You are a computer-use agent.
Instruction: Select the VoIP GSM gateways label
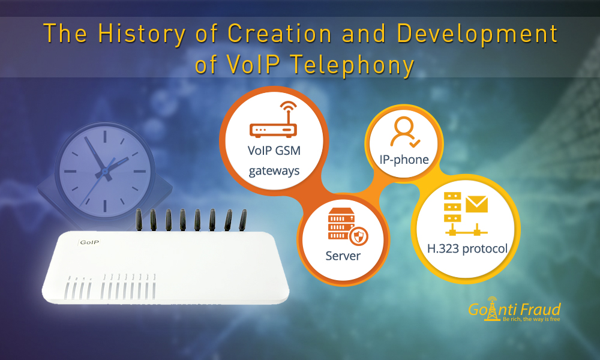(x=274, y=161)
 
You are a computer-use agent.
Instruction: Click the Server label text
(x=343, y=256)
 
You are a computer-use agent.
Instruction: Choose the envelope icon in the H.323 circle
(x=476, y=205)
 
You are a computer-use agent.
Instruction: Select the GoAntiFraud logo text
(x=514, y=310)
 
